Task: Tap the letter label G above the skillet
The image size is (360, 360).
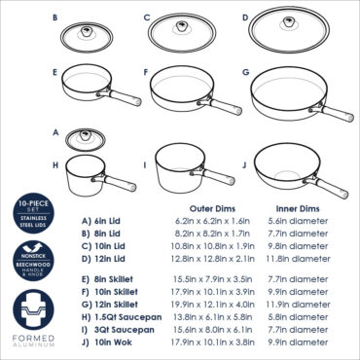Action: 246,71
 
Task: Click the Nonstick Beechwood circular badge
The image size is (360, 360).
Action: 26,259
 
